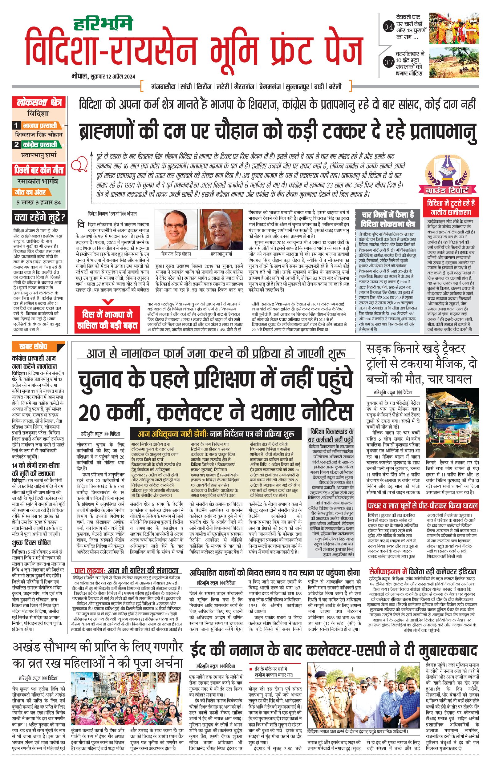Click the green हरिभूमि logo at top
coord(103,24)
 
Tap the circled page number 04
coord(388,27)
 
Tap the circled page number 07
coord(388,62)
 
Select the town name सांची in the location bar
coord(186,87)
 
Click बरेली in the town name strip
coord(335,87)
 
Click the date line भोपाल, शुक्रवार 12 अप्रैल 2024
coord(103,76)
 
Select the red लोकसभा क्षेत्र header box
coord(39,103)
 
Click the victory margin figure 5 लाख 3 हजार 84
coord(39,202)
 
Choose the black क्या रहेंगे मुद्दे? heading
coord(39,218)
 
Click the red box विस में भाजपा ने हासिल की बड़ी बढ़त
coord(107,320)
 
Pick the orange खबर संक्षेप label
coord(34,347)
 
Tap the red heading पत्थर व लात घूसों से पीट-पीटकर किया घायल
coord(423,506)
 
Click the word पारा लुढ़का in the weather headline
coord(90,570)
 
